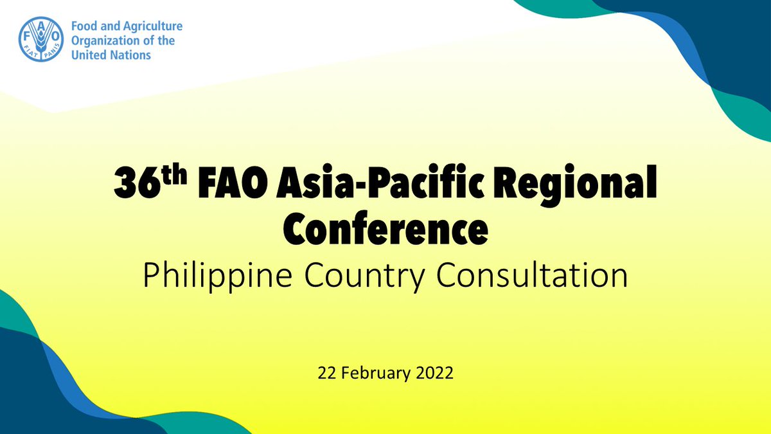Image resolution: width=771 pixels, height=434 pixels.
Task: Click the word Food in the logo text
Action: pyautogui.click(x=82, y=26)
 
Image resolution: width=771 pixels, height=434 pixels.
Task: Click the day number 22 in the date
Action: pyautogui.click(x=326, y=373)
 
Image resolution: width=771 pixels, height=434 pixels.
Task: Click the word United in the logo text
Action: pyautogui.click(x=88, y=55)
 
